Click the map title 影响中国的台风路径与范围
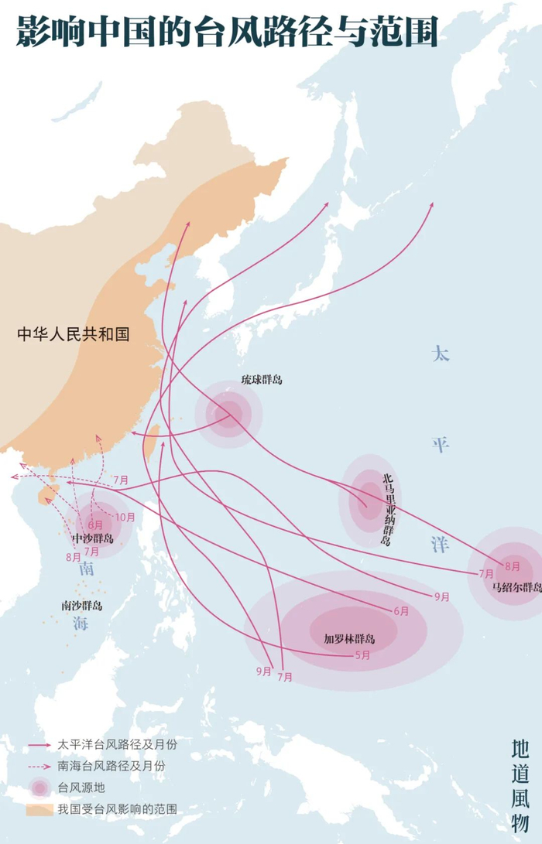click(227, 32)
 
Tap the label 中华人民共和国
click(73, 334)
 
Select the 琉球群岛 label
click(261, 380)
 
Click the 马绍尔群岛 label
click(516, 586)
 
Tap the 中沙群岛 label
click(92, 538)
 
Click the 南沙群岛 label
click(82, 606)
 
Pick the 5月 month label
click(362, 655)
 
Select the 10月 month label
click(125, 517)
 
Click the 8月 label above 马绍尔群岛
click(512, 566)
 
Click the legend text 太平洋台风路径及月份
click(111, 744)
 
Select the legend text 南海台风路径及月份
click(111, 766)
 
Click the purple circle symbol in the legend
click(39, 788)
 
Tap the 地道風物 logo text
click(520, 783)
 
